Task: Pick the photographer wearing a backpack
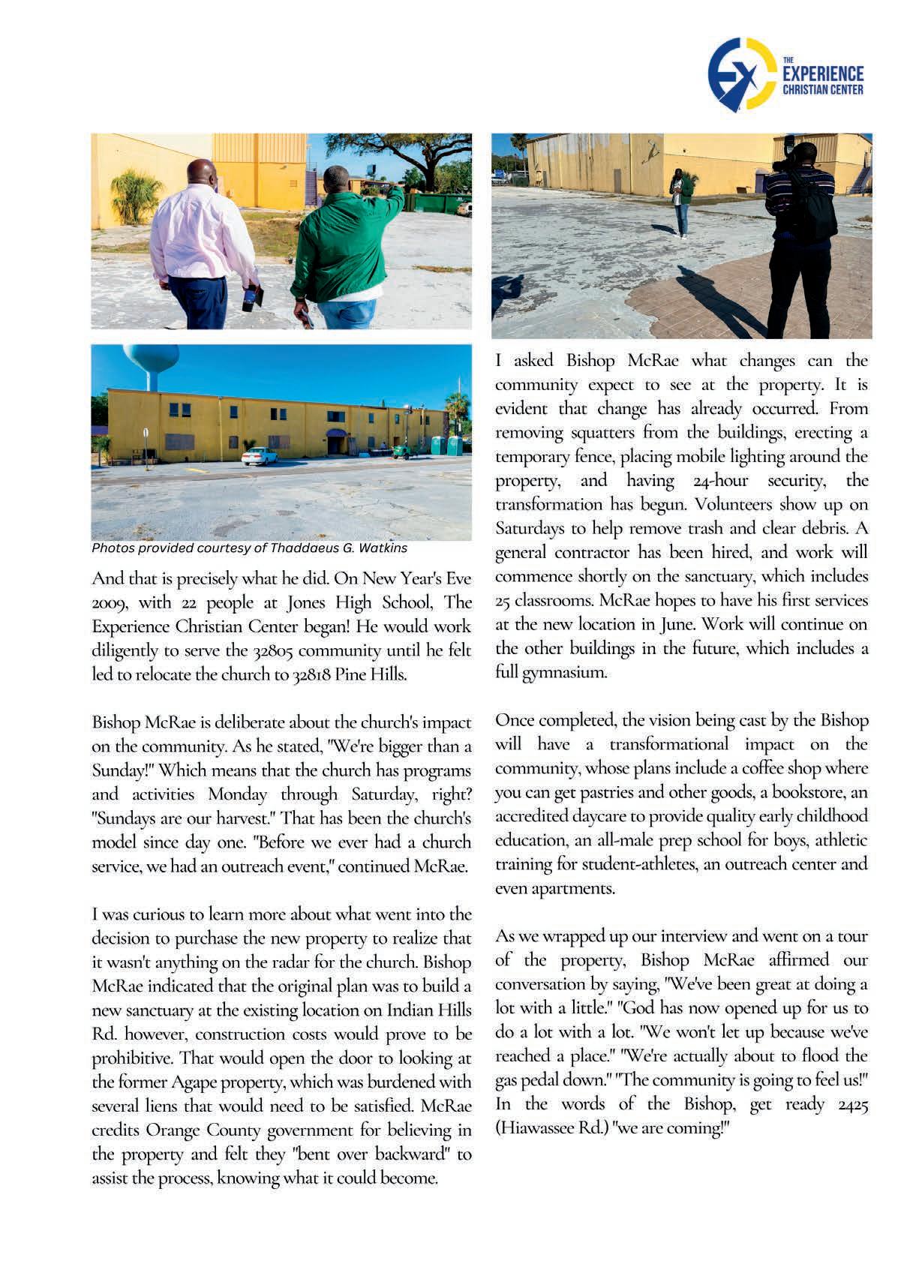coord(798,233)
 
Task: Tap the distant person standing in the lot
coord(680,203)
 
